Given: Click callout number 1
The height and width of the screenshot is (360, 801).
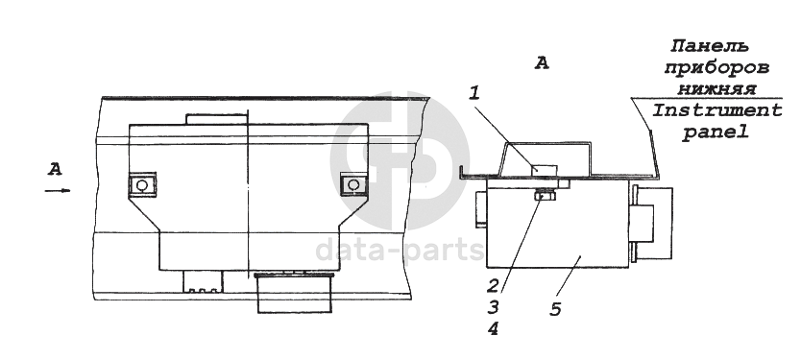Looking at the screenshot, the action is (x=474, y=93).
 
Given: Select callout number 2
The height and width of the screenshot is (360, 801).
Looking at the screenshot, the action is (x=492, y=285).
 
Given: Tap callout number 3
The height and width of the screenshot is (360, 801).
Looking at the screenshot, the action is (x=493, y=307).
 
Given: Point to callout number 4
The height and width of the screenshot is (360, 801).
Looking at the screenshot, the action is (x=493, y=329).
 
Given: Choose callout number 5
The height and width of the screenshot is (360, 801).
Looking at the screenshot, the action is (x=555, y=308).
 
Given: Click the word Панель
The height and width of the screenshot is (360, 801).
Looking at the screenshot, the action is (x=711, y=46).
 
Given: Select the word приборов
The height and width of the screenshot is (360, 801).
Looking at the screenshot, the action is (x=716, y=68).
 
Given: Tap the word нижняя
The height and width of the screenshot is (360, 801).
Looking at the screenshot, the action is (x=716, y=89).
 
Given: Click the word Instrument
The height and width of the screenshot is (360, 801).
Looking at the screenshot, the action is (x=717, y=110).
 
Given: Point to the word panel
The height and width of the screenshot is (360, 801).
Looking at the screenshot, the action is (x=716, y=132).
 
